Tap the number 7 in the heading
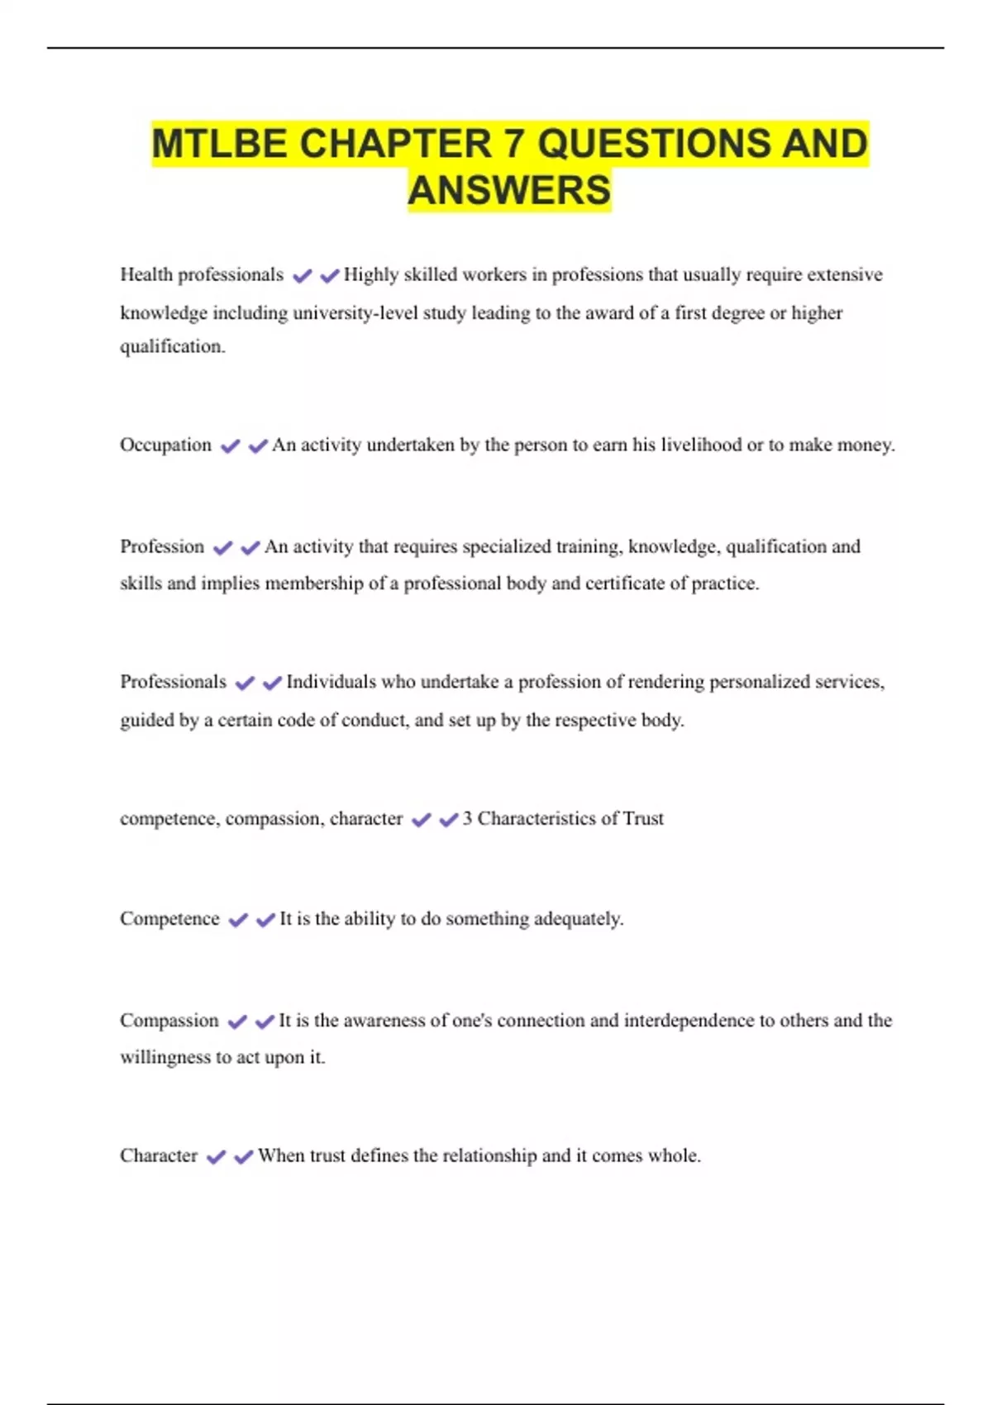pyautogui.click(x=513, y=144)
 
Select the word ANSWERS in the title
pyautogui.click(x=509, y=190)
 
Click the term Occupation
pyautogui.click(x=165, y=445)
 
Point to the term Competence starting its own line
pyautogui.click(x=169, y=919)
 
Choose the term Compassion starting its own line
pyautogui.click(x=169, y=1021)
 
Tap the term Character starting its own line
pyautogui.click(x=159, y=1155)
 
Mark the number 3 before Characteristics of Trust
pyautogui.click(x=467, y=818)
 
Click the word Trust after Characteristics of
pyautogui.click(x=643, y=818)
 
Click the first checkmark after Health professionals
pyautogui.click(x=303, y=276)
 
